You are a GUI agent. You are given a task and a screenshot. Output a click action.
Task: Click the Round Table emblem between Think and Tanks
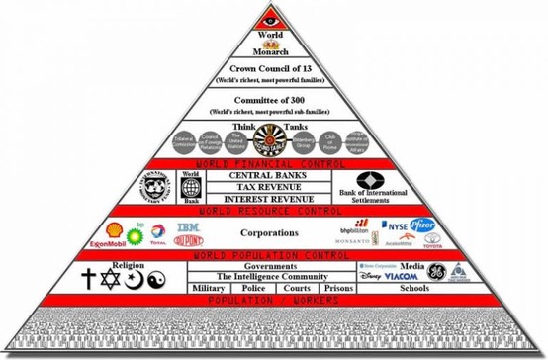click(276, 141)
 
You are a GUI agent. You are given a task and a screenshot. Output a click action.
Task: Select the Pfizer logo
click(423, 225)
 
